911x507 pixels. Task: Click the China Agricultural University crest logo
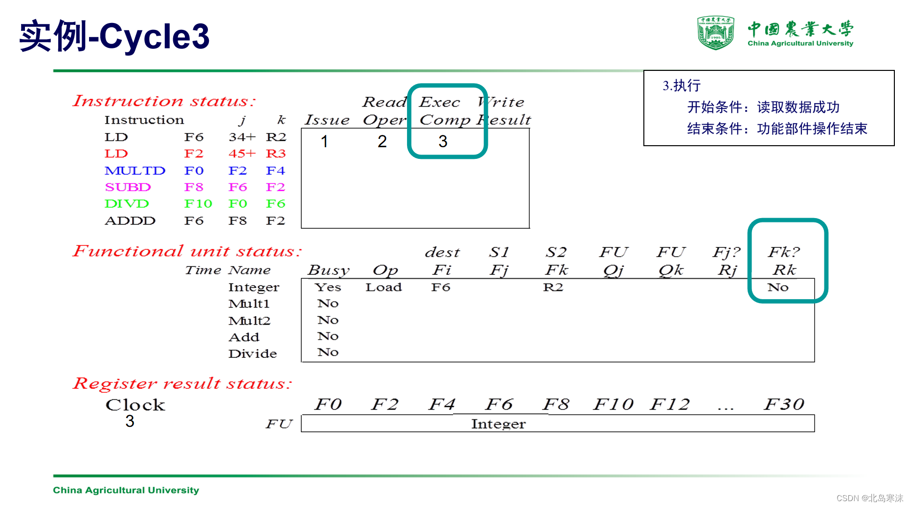coord(715,33)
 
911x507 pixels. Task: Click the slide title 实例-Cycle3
coord(114,37)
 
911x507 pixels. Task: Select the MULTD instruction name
coord(135,171)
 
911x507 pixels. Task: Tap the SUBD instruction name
coord(128,187)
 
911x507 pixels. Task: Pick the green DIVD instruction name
coord(127,204)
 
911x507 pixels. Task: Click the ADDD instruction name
coord(130,221)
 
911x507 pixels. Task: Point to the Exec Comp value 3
coord(443,141)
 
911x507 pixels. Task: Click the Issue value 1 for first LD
coord(324,141)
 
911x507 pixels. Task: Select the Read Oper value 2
coord(382,141)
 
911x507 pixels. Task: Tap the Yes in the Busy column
coord(327,287)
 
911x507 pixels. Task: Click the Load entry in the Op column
coord(384,287)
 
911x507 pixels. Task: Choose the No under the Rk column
coord(778,287)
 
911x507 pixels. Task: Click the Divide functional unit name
coord(252,353)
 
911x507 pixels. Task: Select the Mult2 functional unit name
coord(249,321)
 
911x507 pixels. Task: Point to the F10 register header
coord(613,404)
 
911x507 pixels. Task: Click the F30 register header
coord(784,404)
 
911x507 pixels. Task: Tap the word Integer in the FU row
coord(498,424)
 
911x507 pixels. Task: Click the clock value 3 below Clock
coord(130,421)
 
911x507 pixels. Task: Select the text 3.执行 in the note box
coord(682,86)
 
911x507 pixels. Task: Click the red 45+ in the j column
coord(242,154)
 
